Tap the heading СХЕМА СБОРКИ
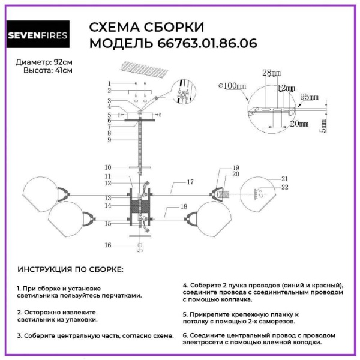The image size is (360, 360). point(146,28)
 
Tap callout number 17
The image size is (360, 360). point(190,181)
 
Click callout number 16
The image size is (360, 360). point(108,245)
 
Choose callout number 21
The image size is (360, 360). point(285,179)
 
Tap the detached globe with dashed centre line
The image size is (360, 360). point(259,193)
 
